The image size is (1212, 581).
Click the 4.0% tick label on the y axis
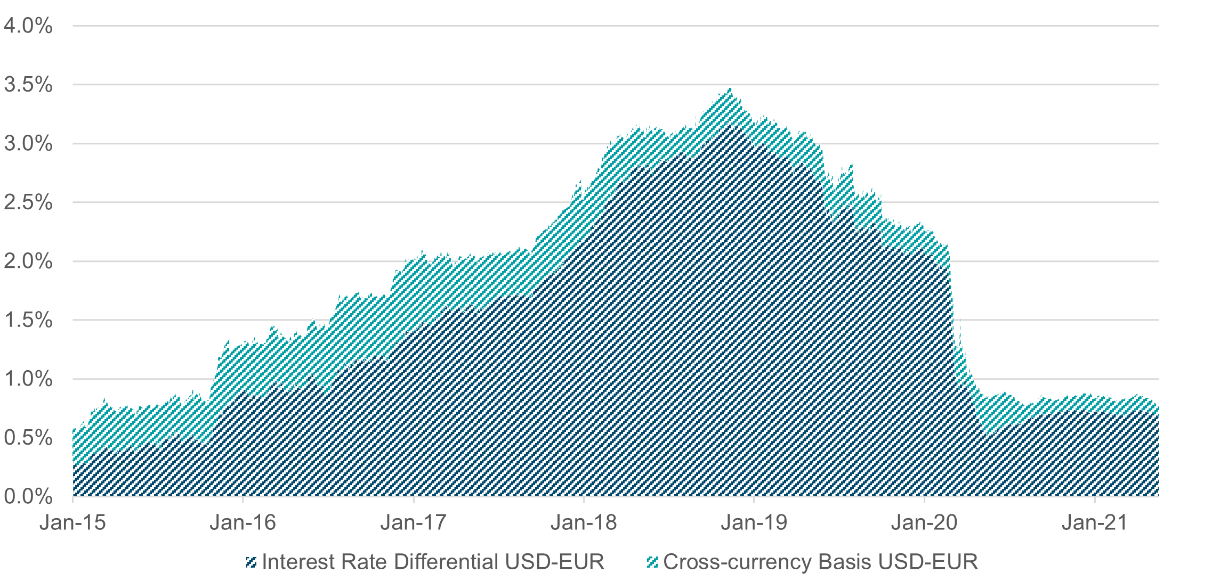(28, 26)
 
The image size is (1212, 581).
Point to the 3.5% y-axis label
(28, 85)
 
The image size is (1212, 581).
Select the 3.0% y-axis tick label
(28, 143)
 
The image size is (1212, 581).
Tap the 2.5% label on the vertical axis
(28, 202)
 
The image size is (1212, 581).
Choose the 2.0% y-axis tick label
(28, 261)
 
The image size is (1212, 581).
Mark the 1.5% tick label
(28, 320)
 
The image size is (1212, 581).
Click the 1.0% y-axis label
(28, 379)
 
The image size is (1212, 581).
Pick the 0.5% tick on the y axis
(28, 438)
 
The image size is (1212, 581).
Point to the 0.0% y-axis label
(28, 497)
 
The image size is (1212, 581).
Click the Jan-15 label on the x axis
(72, 522)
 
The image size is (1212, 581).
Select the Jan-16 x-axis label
(243, 522)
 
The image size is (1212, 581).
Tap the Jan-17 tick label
(413, 522)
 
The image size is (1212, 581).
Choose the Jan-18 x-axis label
(584, 522)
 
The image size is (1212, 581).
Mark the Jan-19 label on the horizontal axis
(754, 522)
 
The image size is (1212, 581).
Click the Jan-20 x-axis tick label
(924, 522)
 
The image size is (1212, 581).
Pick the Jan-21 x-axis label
(1094, 522)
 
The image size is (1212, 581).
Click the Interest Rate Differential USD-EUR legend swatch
(252, 562)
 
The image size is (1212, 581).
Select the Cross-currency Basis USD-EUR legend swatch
(652, 562)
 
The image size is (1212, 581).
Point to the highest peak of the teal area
(730, 89)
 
